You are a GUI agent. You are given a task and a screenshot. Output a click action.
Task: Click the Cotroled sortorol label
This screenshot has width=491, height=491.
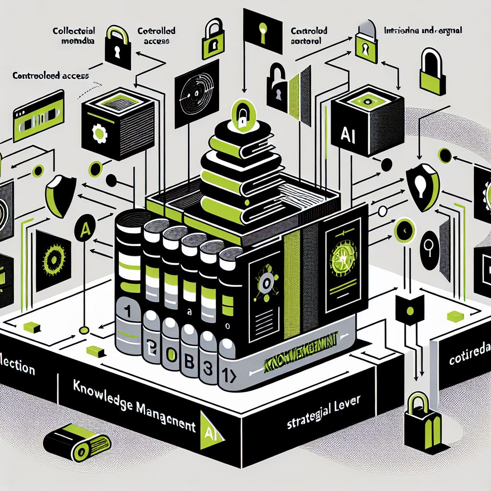click(309, 36)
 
